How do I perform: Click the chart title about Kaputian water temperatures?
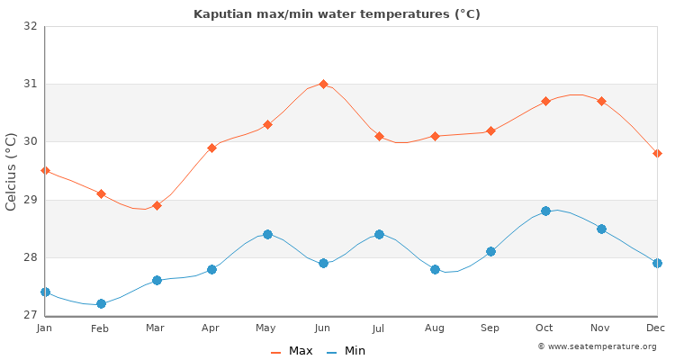pos(337,14)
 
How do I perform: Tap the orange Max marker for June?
pos(323,84)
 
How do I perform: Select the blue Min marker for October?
pos(545,211)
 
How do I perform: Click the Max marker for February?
pos(101,193)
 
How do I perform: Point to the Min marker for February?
pos(101,303)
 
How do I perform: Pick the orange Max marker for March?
pos(157,205)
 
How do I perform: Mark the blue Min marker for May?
pos(267,234)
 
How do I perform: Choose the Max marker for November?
pos(601,101)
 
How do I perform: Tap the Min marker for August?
pos(435,269)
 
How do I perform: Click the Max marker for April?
pos(211,148)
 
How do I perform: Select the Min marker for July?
pos(379,234)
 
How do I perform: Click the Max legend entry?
pos(292,351)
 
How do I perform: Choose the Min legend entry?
pos(346,351)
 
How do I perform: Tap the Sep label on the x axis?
pos(490,328)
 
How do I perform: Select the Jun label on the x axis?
pos(323,328)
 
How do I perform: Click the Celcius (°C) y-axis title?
pos(12,171)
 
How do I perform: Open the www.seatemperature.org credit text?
pos(597,346)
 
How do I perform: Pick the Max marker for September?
pos(490,130)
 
